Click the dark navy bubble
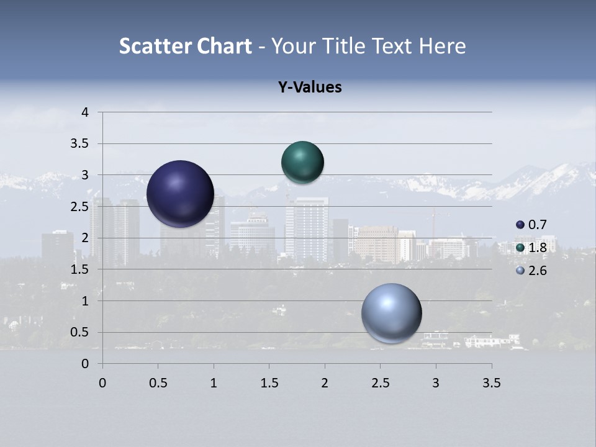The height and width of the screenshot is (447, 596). click(x=181, y=194)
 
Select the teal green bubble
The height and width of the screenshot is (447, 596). click(x=302, y=162)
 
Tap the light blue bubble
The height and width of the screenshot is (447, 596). click(x=391, y=313)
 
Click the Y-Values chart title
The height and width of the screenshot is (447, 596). click(x=310, y=88)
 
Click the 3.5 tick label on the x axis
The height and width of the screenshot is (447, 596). click(x=491, y=383)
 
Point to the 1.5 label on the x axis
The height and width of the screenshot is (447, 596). click(x=269, y=383)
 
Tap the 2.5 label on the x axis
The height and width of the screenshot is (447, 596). click(x=380, y=383)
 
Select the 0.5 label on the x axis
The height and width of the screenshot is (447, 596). click(x=158, y=383)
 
